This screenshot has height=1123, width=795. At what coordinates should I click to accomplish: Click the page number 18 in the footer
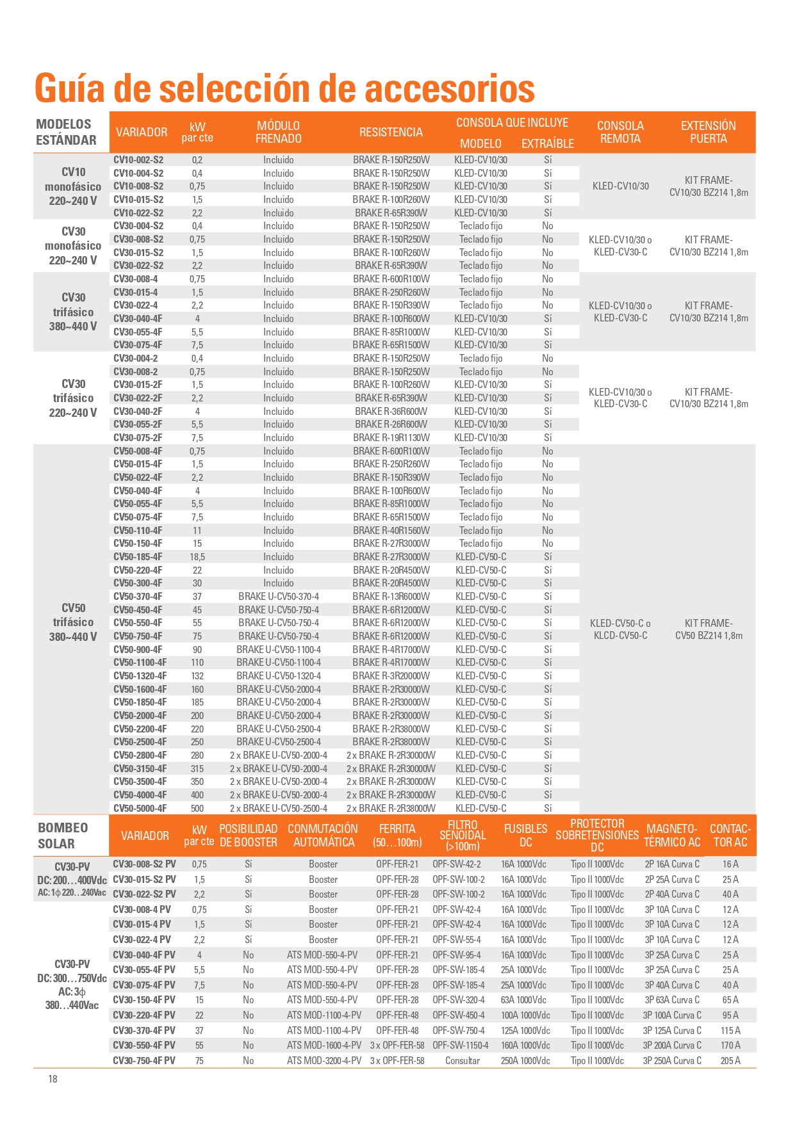53,1079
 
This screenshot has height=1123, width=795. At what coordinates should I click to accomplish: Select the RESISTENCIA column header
391,133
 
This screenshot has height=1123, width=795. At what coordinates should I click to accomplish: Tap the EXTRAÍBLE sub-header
547,143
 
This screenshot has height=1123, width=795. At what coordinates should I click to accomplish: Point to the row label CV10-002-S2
138,160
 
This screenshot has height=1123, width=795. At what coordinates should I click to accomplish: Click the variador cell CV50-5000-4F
140,808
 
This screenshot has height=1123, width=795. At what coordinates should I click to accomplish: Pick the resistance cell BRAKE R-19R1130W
391,438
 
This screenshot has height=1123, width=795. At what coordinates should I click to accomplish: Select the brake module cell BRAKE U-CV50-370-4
278,597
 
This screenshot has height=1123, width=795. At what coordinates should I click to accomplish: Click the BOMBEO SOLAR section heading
63,836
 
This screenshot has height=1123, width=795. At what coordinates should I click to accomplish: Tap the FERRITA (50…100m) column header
397,836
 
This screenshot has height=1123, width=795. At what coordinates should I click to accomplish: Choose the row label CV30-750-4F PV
144,1060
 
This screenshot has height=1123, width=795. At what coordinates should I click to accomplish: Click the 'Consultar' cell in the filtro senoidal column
463,1060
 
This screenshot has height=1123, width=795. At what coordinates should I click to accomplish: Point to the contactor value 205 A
730,1060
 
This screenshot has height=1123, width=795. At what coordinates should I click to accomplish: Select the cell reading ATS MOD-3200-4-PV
324,1060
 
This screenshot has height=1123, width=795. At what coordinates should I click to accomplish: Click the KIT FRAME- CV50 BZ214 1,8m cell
709,629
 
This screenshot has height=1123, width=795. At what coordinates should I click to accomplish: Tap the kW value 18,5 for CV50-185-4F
197,557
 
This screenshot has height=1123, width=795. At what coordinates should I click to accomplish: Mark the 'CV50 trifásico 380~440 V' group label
73,622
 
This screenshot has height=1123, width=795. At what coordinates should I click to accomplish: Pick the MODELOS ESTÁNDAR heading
66,132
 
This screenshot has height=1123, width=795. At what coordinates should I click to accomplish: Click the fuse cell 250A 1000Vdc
525,1060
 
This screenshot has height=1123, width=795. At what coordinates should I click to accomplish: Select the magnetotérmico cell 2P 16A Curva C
672,864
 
